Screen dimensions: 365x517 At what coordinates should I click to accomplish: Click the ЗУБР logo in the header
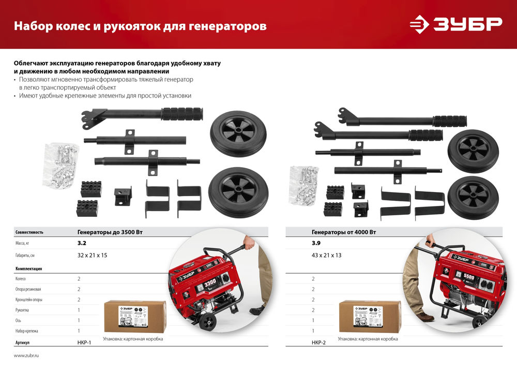click(455, 24)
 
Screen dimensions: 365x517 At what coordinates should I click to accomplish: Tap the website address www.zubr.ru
click(26, 356)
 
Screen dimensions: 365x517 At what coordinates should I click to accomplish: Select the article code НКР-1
click(84, 342)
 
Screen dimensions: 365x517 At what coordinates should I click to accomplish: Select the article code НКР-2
click(319, 342)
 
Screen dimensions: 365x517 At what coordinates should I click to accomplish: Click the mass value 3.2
click(82, 242)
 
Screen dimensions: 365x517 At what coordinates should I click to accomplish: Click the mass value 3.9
click(316, 242)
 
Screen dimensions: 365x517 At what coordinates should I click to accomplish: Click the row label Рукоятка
click(25, 310)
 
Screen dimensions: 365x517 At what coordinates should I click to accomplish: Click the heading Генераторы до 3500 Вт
click(110, 232)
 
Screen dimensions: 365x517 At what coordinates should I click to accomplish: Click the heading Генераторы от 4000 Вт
click(344, 232)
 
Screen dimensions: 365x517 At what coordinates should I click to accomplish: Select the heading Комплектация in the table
click(29, 268)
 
